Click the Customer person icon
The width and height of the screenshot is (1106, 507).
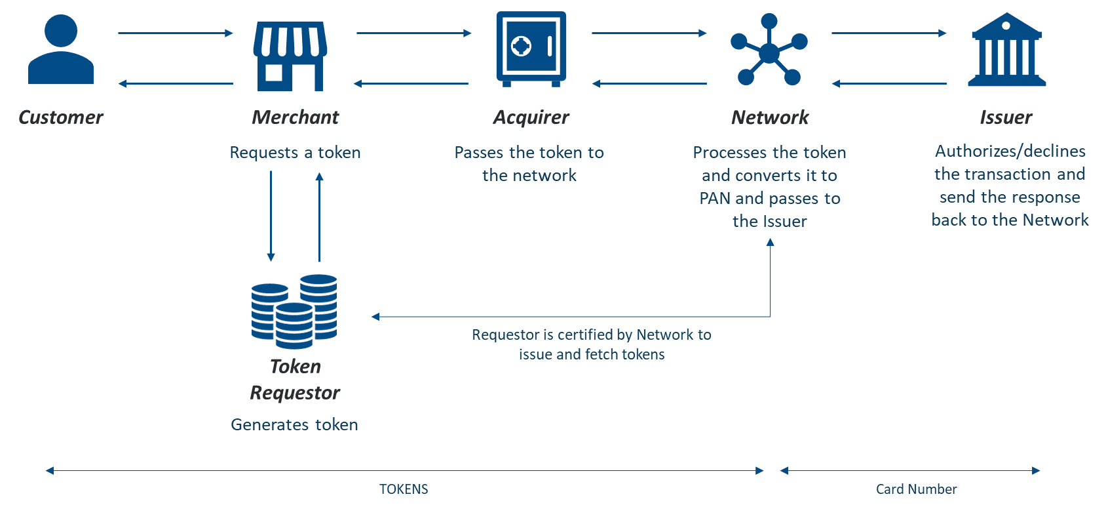(x=61, y=51)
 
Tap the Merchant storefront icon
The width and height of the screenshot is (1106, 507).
(x=290, y=56)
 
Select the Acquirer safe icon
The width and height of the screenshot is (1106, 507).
(x=531, y=49)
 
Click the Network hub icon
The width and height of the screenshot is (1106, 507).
(x=769, y=51)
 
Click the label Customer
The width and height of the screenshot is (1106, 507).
(x=61, y=117)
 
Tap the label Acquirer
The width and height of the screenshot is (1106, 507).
(x=531, y=117)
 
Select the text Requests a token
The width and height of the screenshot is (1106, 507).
(x=295, y=153)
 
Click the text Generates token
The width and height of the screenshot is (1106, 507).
(x=294, y=425)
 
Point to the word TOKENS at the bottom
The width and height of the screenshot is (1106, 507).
(x=404, y=489)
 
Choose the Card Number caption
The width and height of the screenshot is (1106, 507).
(x=916, y=489)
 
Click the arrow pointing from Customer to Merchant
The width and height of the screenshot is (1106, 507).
(x=176, y=33)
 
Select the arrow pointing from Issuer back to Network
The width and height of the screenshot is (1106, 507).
(x=889, y=84)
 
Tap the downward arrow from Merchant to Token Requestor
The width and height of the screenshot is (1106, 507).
(x=271, y=216)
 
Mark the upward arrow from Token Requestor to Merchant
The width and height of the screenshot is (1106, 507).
(x=319, y=216)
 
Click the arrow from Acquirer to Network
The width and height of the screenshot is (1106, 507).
(x=649, y=33)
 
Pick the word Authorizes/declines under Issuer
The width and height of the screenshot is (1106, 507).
(x=1010, y=152)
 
